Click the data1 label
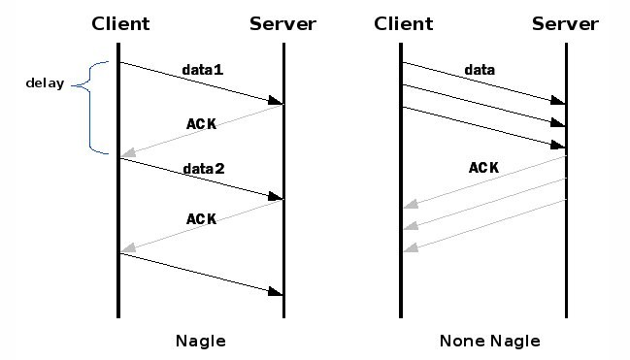click(203, 71)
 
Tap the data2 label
click(204, 169)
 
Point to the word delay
click(45, 83)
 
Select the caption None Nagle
click(489, 341)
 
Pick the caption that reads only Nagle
click(200, 341)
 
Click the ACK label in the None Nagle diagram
click(483, 168)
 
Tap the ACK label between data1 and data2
click(201, 123)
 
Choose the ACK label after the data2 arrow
click(201, 219)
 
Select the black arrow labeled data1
click(200, 82)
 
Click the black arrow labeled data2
click(200, 179)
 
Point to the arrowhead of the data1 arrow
click(277, 101)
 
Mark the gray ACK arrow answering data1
click(200, 131)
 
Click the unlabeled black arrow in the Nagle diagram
click(200, 273)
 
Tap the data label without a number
click(480, 70)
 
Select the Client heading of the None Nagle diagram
click(402, 24)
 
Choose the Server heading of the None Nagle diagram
click(565, 24)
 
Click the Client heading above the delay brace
click(119, 24)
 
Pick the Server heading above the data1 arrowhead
click(282, 24)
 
